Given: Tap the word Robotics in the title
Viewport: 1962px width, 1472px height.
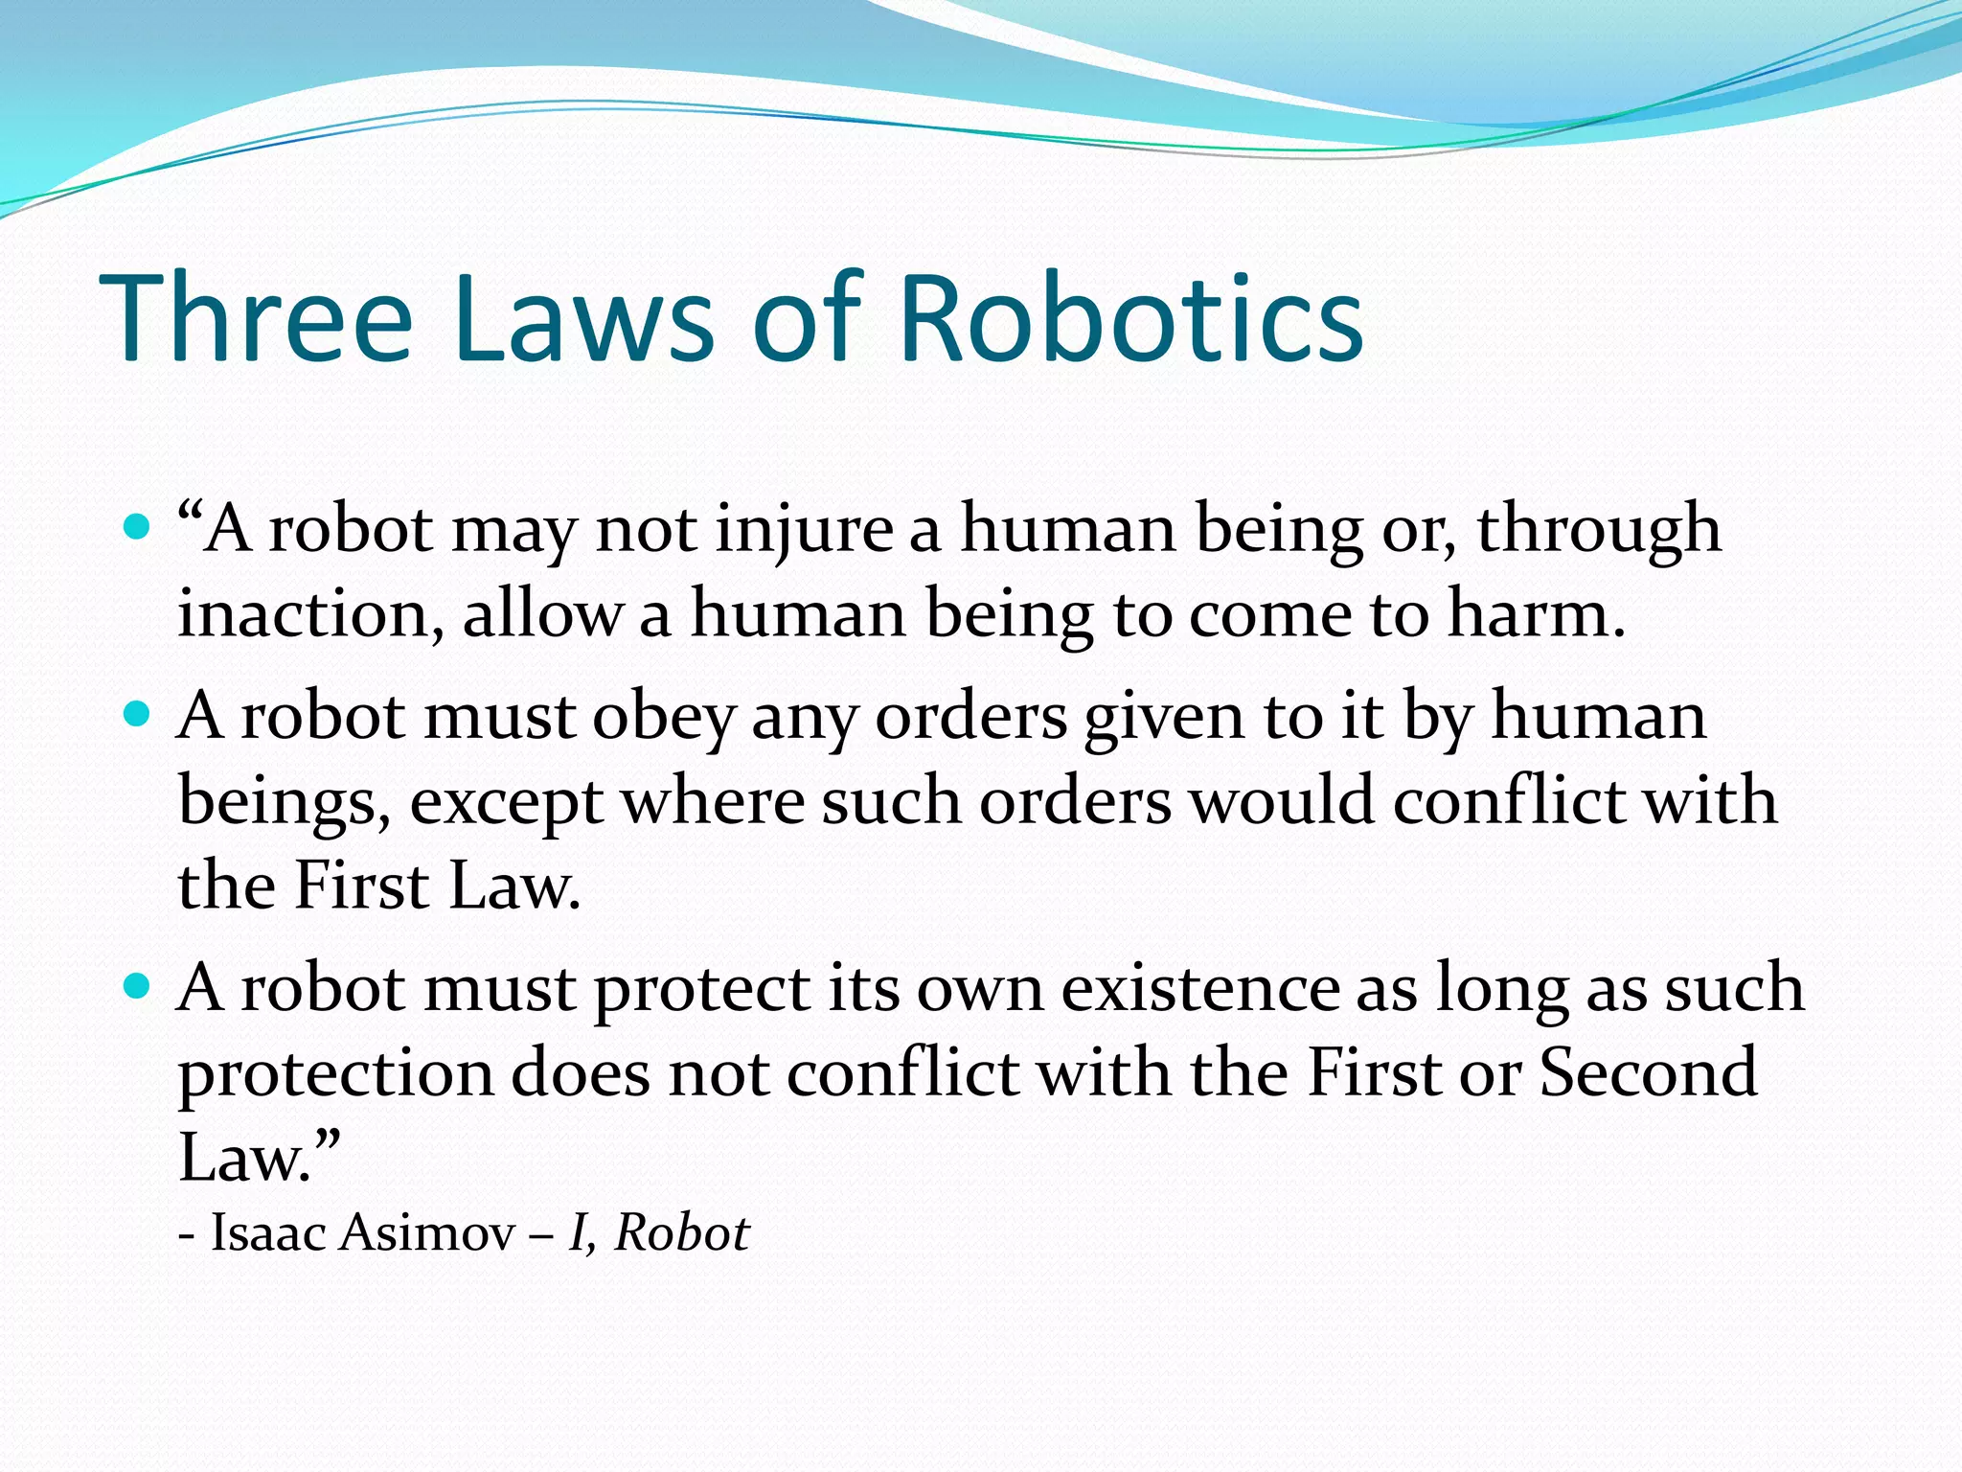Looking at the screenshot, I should (x=1131, y=318).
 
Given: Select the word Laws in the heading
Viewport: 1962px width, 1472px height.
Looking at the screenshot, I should (x=583, y=318).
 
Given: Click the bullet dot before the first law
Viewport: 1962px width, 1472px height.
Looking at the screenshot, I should (x=138, y=527).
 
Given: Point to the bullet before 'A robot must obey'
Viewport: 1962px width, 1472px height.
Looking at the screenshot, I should (x=138, y=715).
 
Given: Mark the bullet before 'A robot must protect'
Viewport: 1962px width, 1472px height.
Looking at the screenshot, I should (x=138, y=986).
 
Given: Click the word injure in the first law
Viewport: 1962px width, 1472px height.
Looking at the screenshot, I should (x=804, y=529).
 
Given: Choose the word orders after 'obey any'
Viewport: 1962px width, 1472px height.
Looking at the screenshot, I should (x=970, y=717).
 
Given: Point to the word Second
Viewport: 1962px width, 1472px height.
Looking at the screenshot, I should (x=1648, y=1073).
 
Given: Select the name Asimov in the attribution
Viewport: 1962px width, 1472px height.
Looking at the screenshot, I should (x=427, y=1232).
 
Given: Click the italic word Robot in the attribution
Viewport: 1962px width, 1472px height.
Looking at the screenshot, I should (x=681, y=1232).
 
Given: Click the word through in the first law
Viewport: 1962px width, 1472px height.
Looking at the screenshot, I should (x=1598, y=529).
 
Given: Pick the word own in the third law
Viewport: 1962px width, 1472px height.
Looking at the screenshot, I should (x=979, y=989).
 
